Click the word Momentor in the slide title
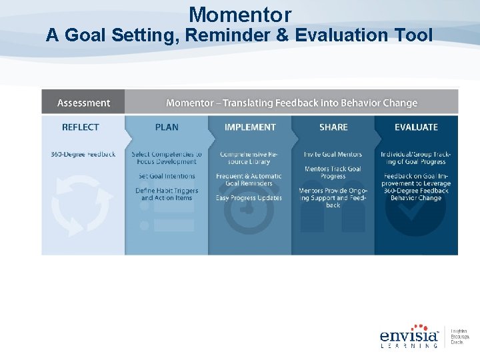point(240,14)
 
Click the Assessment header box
point(83,103)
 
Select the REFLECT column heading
point(80,127)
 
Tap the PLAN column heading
point(167,127)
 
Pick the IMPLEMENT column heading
point(250,127)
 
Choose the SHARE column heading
point(333,127)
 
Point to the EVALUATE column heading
point(416,127)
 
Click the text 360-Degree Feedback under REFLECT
point(83,155)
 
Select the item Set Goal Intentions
point(167,176)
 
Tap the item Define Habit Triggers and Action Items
point(167,194)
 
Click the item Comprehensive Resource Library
point(250,158)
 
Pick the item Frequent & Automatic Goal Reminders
point(250,179)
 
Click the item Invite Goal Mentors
point(333,155)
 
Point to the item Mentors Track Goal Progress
point(333,173)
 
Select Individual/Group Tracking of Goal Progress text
point(416,158)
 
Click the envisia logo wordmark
point(409,335)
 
